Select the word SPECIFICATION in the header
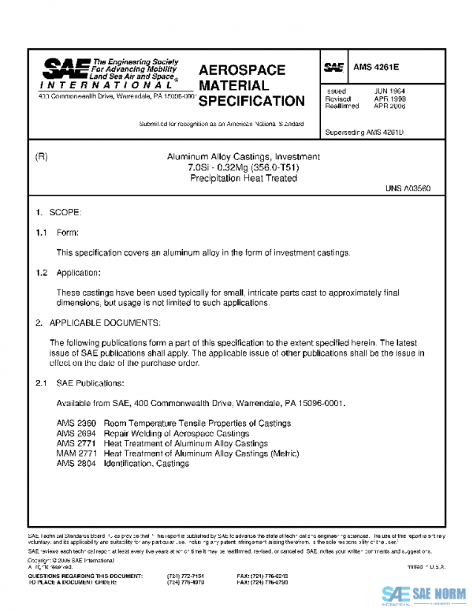[x=251, y=101]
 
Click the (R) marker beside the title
[x=43, y=157]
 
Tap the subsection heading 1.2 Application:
[x=68, y=272]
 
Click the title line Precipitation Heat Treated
[x=243, y=178]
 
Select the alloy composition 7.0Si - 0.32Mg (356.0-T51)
[x=243, y=168]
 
